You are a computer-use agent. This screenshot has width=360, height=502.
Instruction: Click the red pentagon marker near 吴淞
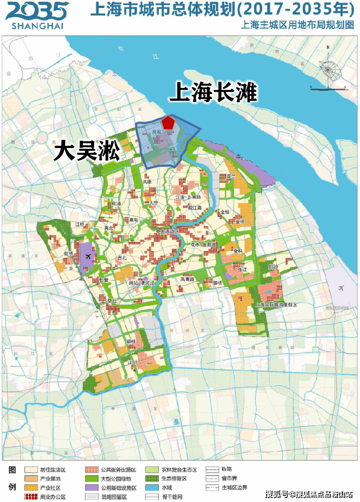(168, 122)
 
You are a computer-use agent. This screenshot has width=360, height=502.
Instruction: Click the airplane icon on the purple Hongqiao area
(89, 257)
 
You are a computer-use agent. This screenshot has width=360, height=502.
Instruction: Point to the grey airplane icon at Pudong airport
(341, 288)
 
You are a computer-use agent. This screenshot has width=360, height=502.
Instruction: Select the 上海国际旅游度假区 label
(277, 304)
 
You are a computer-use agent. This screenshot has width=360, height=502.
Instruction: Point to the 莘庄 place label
(112, 301)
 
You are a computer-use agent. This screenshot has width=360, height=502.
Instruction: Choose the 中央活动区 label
(167, 232)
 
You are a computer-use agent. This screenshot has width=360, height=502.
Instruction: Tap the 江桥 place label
(80, 224)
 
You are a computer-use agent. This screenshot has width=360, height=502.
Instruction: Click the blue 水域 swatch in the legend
(153, 487)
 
